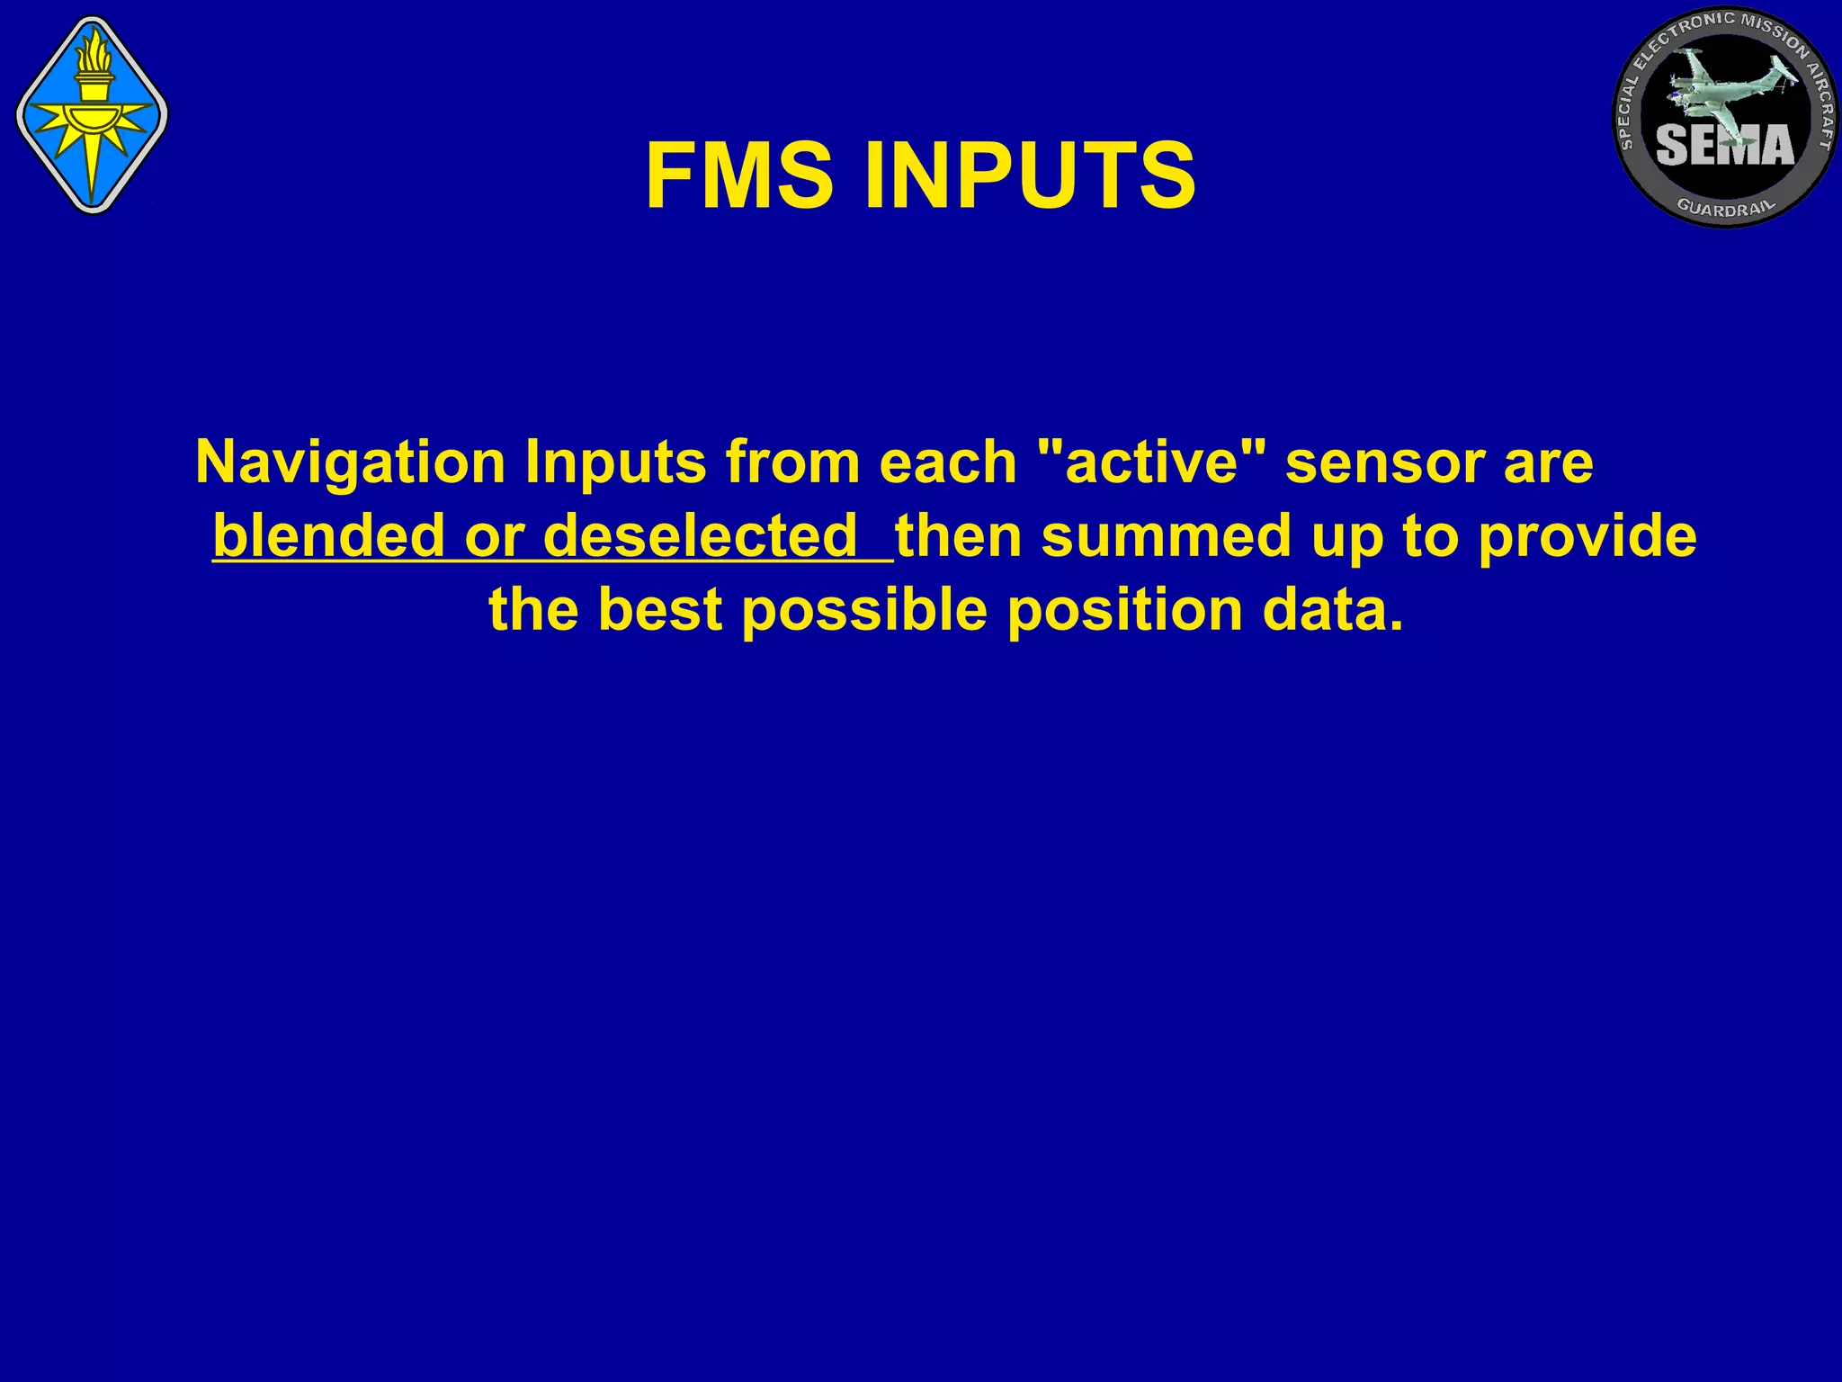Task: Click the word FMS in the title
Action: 739,176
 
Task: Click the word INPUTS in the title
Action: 1030,176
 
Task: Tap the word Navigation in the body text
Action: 351,462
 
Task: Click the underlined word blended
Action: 329,536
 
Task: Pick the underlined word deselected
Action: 702,536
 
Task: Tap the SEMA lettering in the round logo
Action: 1724,145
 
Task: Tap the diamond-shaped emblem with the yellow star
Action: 92,114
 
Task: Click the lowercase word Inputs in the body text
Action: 616,464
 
